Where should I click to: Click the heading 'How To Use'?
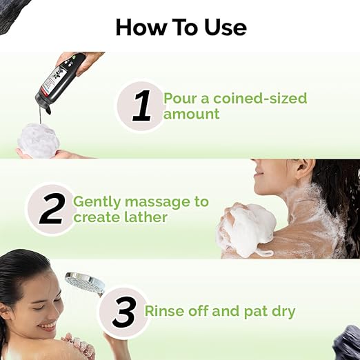pos(181,26)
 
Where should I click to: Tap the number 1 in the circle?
pos(141,106)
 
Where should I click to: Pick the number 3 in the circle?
pos(123,312)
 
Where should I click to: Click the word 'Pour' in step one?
pos(179,97)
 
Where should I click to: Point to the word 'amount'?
pos(192,114)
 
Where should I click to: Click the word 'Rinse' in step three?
pos(165,311)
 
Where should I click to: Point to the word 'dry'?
pos(281,311)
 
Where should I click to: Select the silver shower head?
pos(82,283)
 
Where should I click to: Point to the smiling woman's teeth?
pos(47,326)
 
